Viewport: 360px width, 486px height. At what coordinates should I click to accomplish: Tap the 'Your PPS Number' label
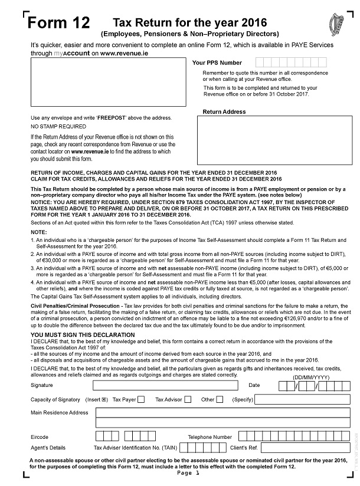pyautogui.click(x=217, y=62)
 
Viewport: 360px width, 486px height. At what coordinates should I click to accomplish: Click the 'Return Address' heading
pyautogui.click(x=224, y=111)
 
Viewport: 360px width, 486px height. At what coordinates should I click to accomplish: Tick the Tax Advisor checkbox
pyautogui.click(x=188, y=399)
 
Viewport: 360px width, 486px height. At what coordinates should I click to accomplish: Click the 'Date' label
pyautogui.click(x=254, y=386)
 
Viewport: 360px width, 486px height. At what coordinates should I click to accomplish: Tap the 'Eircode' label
pyautogui.click(x=40, y=437)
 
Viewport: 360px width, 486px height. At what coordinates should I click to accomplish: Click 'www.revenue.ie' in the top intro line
pyautogui.click(x=123, y=52)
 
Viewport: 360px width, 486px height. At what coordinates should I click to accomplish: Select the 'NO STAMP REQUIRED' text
pyautogui.click(x=58, y=126)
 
